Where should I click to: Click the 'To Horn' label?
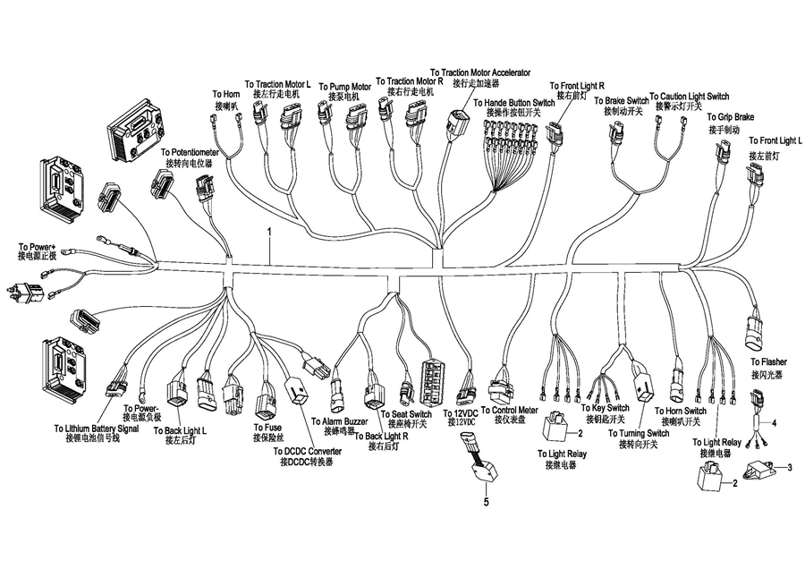[225, 94]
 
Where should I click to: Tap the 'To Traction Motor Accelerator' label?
[480, 72]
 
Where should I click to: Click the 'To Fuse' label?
[267, 428]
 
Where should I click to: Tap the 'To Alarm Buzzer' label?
[339, 420]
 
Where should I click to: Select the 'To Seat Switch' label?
[406, 414]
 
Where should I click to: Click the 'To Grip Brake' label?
[731, 117]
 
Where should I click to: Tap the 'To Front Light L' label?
[775, 141]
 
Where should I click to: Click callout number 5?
[487, 503]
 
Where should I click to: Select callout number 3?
[789, 467]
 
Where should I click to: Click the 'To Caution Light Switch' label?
[689, 96]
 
